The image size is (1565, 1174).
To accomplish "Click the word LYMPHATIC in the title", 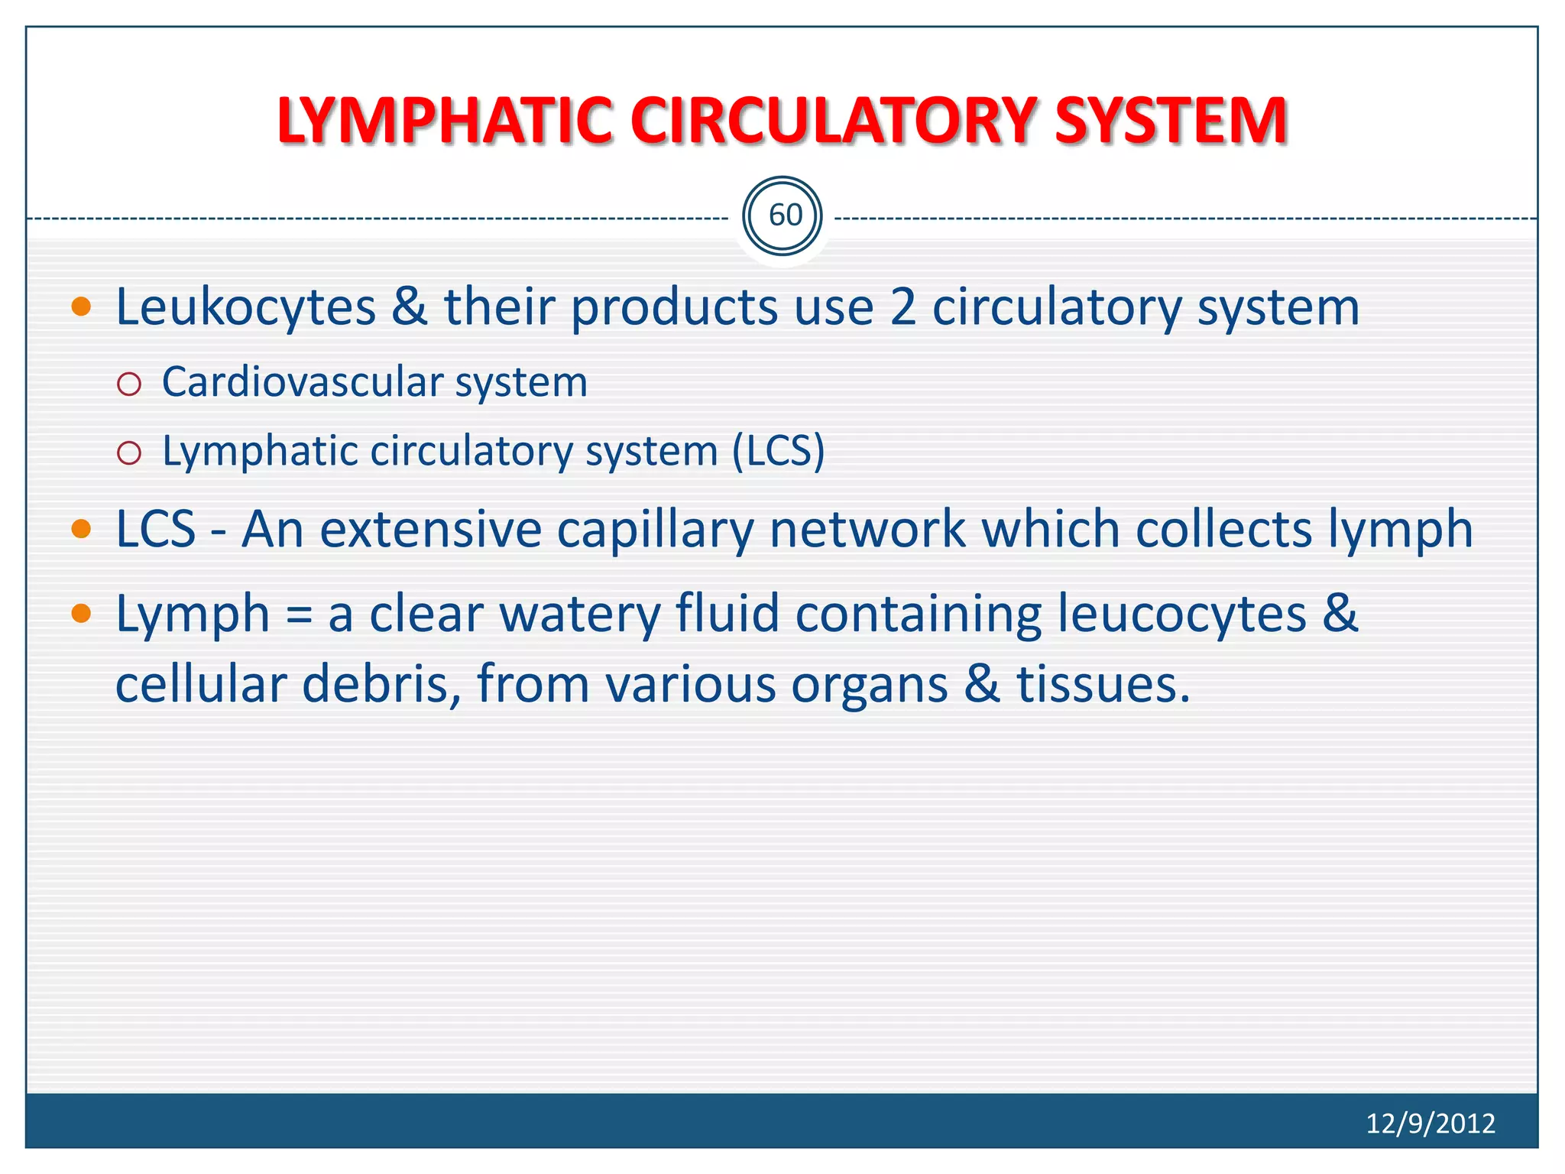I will (x=443, y=121).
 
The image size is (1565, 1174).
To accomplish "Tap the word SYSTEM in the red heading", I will (x=1171, y=121).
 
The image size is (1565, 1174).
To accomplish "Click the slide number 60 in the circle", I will (x=784, y=216).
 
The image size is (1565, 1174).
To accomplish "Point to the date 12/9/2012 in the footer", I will (x=1430, y=1123).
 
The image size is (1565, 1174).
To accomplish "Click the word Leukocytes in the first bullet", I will (x=245, y=308).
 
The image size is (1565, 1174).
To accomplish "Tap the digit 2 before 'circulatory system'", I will (x=902, y=307).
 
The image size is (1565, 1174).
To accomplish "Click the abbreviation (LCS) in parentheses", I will (x=778, y=451).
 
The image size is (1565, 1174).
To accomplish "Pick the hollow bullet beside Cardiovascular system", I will (x=129, y=384).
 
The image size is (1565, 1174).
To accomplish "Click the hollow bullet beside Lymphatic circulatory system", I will (x=129, y=453).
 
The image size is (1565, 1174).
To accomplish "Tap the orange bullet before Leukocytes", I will (x=81, y=307).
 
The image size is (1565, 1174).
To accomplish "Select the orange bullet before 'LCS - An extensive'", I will (x=81, y=529).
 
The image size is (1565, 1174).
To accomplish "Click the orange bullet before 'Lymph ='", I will (x=81, y=613).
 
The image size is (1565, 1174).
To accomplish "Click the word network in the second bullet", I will (x=867, y=529).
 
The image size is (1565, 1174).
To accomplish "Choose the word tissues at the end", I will (x=1102, y=683).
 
